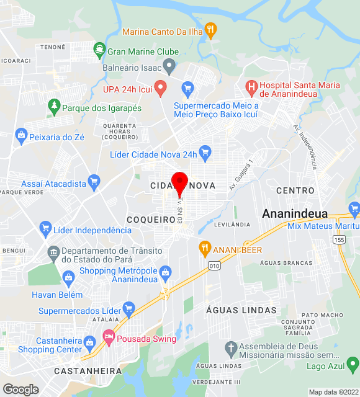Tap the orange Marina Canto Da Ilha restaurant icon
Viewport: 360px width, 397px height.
point(211,29)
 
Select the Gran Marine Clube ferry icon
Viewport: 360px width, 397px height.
point(98,50)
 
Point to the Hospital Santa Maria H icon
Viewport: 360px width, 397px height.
point(251,87)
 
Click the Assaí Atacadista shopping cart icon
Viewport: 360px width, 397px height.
point(94,182)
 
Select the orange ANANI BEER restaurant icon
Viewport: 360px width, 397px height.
point(204,249)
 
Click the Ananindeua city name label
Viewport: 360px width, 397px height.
point(295,213)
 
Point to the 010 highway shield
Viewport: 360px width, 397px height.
point(214,266)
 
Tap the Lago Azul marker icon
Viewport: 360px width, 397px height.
point(352,363)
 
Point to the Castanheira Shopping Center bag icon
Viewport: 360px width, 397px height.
point(90,342)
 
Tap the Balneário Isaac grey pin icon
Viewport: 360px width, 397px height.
point(169,66)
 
